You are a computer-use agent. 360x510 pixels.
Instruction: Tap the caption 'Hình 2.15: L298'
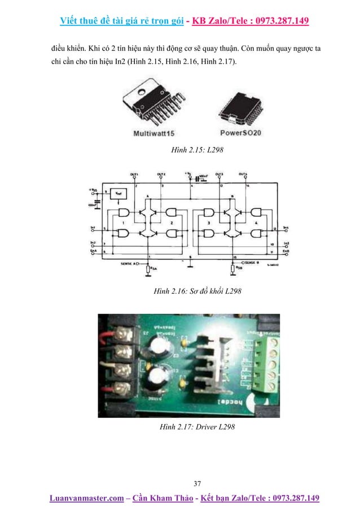[x=180, y=151]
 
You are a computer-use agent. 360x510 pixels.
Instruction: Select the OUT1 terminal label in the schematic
[x=134, y=174]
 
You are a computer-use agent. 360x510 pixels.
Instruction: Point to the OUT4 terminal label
[x=243, y=174]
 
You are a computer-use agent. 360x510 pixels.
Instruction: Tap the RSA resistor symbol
[x=147, y=271]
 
